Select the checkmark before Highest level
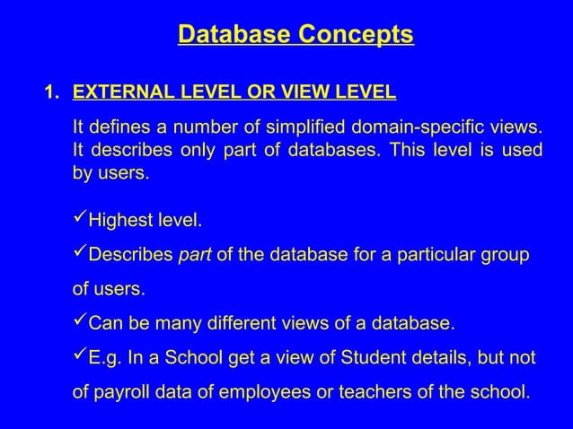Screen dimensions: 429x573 [x=79, y=220]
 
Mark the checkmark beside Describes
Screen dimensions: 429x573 [x=79, y=255]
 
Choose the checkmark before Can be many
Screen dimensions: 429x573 [x=79, y=322]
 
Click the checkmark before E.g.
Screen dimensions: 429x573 [x=79, y=357]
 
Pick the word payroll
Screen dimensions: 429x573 [x=123, y=393]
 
